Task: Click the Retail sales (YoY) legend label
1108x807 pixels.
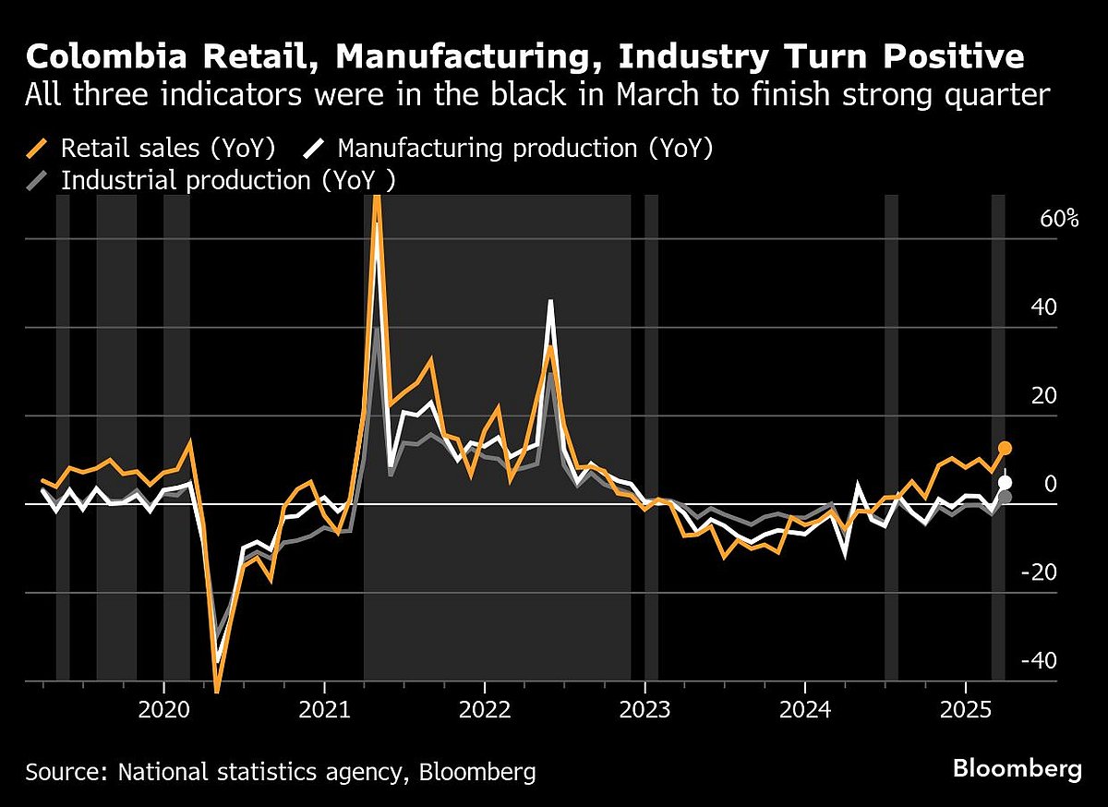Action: tap(168, 148)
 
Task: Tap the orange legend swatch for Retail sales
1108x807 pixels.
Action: tap(37, 148)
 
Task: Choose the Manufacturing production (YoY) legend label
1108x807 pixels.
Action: tap(525, 148)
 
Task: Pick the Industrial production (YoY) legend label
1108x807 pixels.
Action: tap(227, 179)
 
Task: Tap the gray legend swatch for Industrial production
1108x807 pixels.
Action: tap(37, 179)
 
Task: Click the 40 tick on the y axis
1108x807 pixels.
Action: tap(1047, 307)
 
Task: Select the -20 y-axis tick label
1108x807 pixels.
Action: tap(1042, 572)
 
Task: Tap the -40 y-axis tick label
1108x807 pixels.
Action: tap(1042, 661)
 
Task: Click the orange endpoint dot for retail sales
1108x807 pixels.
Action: tap(1005, 448)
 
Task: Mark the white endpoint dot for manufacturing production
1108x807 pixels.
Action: tap(1005, 482)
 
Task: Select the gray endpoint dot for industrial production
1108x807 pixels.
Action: tap(1005, 497)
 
